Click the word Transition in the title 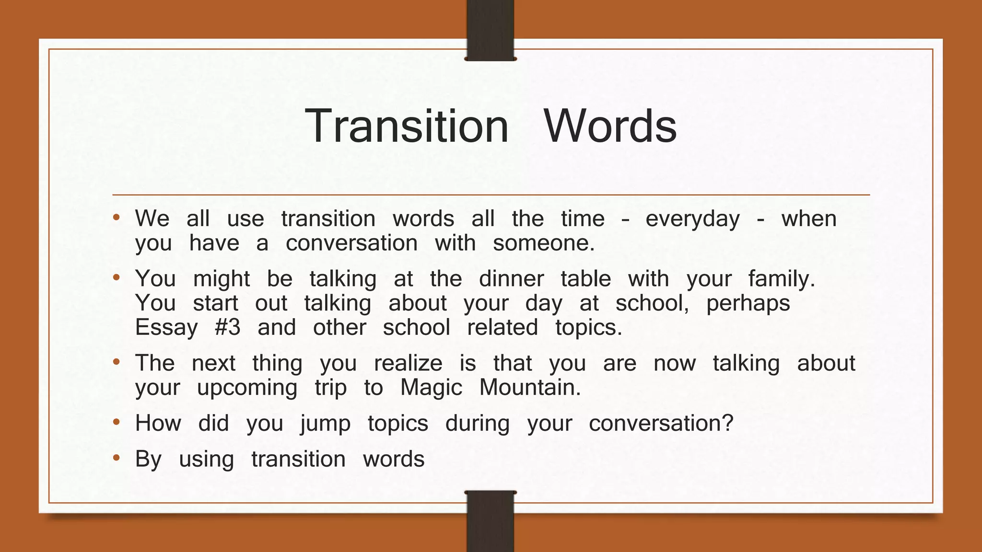pos(406,126)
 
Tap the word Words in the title pos(609,126)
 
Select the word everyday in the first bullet pos(692,219)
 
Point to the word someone pos(543,243)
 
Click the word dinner pos(511,279)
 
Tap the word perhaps pos(748,303)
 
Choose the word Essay pos(166,328)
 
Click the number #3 pos(228,328)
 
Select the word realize pos(408,363)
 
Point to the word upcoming pos(247,388)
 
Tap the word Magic pos(431,388)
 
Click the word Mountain pos(530,388)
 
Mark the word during pos(477,424)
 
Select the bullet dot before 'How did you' pos(116,423)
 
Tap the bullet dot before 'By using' pos(116,459)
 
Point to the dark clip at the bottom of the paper pos(490,521)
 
